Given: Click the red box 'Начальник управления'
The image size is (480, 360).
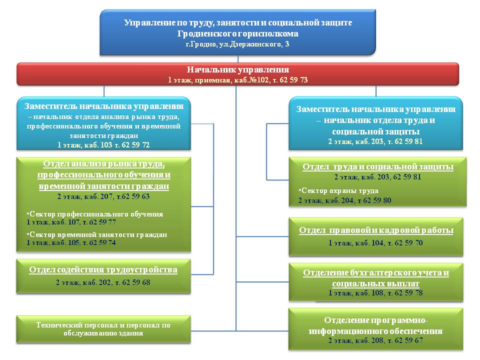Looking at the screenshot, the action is click(238, 74).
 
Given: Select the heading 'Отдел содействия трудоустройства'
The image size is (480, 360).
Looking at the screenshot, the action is click(103, 269).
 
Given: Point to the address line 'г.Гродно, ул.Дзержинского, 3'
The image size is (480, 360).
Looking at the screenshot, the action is click(237, 44).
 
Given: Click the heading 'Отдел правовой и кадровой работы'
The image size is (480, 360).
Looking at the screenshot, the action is click(376, 230).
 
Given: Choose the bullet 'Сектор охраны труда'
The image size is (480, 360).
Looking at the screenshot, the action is click(338, 190).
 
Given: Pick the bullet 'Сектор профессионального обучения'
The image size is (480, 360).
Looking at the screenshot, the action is click(95, 214).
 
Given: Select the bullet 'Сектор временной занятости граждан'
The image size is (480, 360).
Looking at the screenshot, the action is click(97, 234).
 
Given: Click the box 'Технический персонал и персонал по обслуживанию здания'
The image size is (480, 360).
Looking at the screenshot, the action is click(103, 329).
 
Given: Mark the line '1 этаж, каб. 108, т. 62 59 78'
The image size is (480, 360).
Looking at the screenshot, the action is click(375, 293).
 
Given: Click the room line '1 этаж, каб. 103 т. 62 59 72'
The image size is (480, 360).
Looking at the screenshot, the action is click(103, 145).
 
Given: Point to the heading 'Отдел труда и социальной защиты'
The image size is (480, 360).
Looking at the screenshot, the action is click(378, 167).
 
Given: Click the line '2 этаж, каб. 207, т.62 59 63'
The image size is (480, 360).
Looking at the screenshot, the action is click(103, 196).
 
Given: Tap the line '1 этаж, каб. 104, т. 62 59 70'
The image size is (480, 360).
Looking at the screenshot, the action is click(375, 243).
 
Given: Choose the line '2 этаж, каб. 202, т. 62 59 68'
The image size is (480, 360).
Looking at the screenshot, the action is click(103, 282).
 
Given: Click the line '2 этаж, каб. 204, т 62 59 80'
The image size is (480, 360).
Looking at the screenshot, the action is click(344, 200).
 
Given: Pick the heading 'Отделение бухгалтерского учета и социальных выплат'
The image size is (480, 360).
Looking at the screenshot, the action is click(376, 278).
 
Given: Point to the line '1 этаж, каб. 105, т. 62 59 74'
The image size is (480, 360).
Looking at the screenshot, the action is click(71, 242).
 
